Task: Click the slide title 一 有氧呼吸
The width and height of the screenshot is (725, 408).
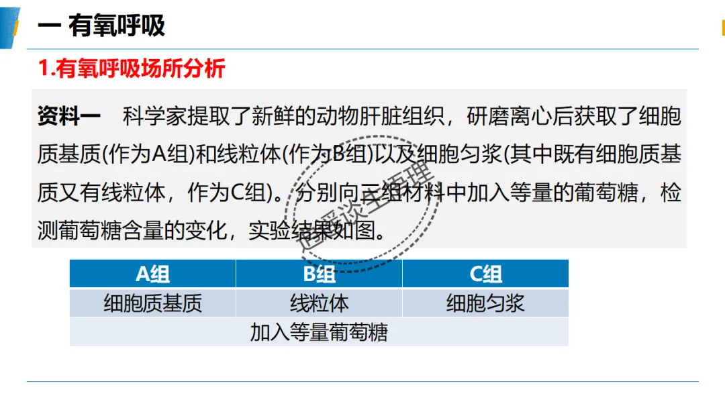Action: click(x=101, y=25)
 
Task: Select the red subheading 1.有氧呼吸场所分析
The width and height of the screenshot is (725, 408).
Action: click(x=132, y=68)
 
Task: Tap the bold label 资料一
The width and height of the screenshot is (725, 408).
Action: click(x=69, y=116)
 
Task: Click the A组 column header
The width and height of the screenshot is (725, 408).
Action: click(x=152, y=274)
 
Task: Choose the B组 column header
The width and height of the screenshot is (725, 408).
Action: click(x=319, y=274)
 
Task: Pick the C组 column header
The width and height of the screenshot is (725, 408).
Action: click(x=485, y=274)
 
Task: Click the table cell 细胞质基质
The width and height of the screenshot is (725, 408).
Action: click(x=152, y=303)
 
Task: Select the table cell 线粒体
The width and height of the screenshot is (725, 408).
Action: click(x=319, y=303)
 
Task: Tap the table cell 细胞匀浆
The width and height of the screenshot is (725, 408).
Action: click(x=485, y=303)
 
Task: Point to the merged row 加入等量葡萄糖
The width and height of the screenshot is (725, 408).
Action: click(x=319, y=332)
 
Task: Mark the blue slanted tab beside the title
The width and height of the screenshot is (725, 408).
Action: click(x=9, y=28)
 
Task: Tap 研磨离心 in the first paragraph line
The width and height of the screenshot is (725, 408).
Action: click(x=510, y=116)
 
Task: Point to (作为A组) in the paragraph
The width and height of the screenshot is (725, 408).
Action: click(x=148, y=154)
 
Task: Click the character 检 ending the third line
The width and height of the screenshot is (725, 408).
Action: click(x=671, y=192)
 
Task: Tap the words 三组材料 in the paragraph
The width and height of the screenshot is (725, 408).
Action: click(x=402, y=192)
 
